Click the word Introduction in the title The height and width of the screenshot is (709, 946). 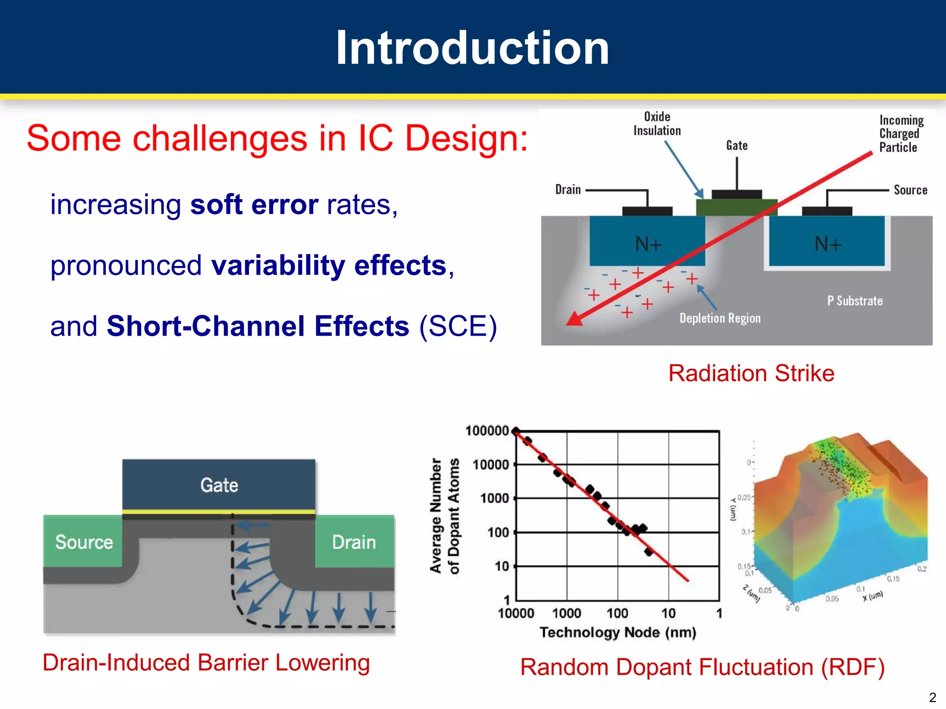click(472, 48)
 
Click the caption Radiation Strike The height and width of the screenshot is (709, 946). click(751, 373)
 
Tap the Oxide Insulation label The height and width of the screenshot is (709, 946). click(657, 124)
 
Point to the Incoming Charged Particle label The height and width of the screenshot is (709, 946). click(900, 134)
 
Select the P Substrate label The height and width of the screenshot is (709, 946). click(855, 301)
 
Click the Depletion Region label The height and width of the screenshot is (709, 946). click(720, 318)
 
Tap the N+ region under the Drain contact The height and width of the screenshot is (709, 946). click(648, 243)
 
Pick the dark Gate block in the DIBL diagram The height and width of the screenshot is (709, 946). click(219, 485)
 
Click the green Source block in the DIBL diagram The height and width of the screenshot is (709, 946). click(84, 541)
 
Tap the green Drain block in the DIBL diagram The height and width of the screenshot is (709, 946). click(354, 541)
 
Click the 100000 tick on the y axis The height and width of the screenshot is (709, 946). click(487, 431)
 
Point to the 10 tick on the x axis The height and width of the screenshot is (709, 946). click(668, 613)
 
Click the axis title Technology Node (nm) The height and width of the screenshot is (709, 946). click(618, 632)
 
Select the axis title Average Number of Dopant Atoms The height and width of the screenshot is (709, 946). click(444, 516)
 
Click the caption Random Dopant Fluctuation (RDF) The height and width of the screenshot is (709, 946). click(702, 667)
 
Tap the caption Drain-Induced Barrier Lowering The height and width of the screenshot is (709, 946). click(206, 662)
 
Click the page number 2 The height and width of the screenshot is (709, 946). click(932, 697)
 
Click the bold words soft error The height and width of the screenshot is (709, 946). click(254, 204)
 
